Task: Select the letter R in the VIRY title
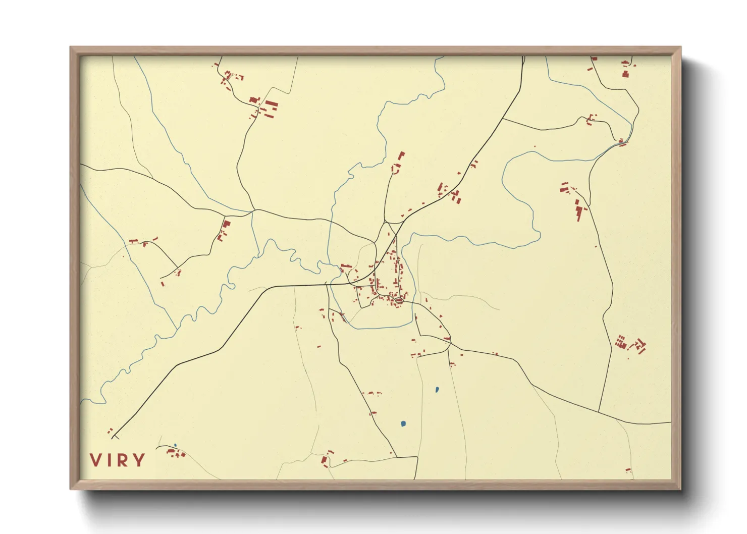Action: tap(124, 460)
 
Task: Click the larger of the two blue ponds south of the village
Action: tap(403, 423)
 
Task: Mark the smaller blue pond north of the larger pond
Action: tap(437, 389)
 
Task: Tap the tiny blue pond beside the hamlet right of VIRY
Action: tap(175, 445)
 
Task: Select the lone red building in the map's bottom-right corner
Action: tap(628, 470)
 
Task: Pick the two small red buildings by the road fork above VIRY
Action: tap(110, 431)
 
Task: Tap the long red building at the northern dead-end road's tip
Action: tap(401, 156)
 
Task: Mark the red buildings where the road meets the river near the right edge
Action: tap(622, 142)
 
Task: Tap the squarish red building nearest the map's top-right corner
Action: tap(626, 74)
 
